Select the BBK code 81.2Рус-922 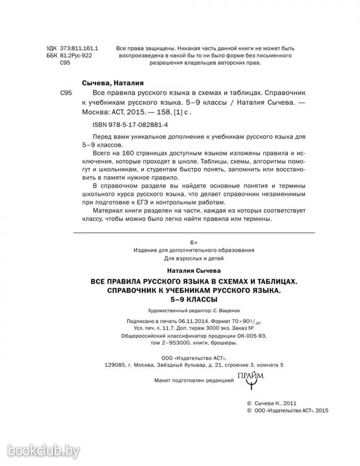[76, 55]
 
